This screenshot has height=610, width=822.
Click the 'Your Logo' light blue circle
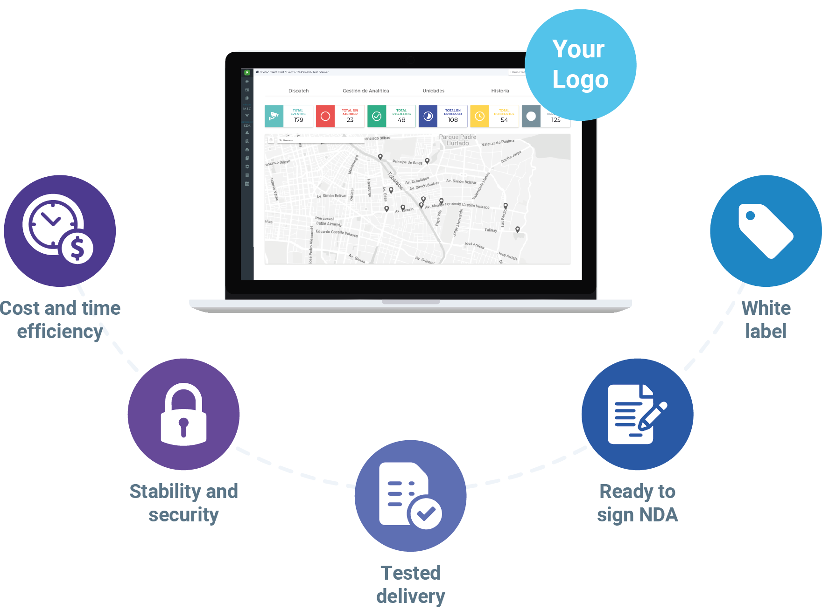[x=580, y=64]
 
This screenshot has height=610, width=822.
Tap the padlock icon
[x=183, y=414]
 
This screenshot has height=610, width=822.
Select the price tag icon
[x=766, y=230]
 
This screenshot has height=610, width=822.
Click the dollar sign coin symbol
[x=77, y=248]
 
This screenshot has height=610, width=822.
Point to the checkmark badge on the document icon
[x=425, y=513]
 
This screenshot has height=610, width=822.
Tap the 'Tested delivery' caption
[x=410, y=584]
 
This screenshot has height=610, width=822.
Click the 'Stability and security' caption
[x=183, y=503]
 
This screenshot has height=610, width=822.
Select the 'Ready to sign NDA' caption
[x=637, y=503]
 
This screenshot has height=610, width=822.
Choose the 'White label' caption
[x=766, y=319]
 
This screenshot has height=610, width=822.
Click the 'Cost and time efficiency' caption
[x=60, y=319]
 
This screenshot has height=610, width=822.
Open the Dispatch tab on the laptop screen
[x=298, y=91]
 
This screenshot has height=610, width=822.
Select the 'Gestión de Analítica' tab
[x=365, y=91]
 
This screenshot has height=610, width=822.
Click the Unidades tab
[x=433, y=91]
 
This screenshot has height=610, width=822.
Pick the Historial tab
[x=500, y=91]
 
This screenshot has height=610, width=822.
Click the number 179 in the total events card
[x=298, y=120]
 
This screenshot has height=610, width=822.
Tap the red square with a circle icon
[x=325, y=116]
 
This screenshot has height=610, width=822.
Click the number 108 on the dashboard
[x=453, y=120]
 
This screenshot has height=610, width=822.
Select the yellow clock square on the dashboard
[x=479, y=116]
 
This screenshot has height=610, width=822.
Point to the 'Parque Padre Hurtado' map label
[x=457, y=140]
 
